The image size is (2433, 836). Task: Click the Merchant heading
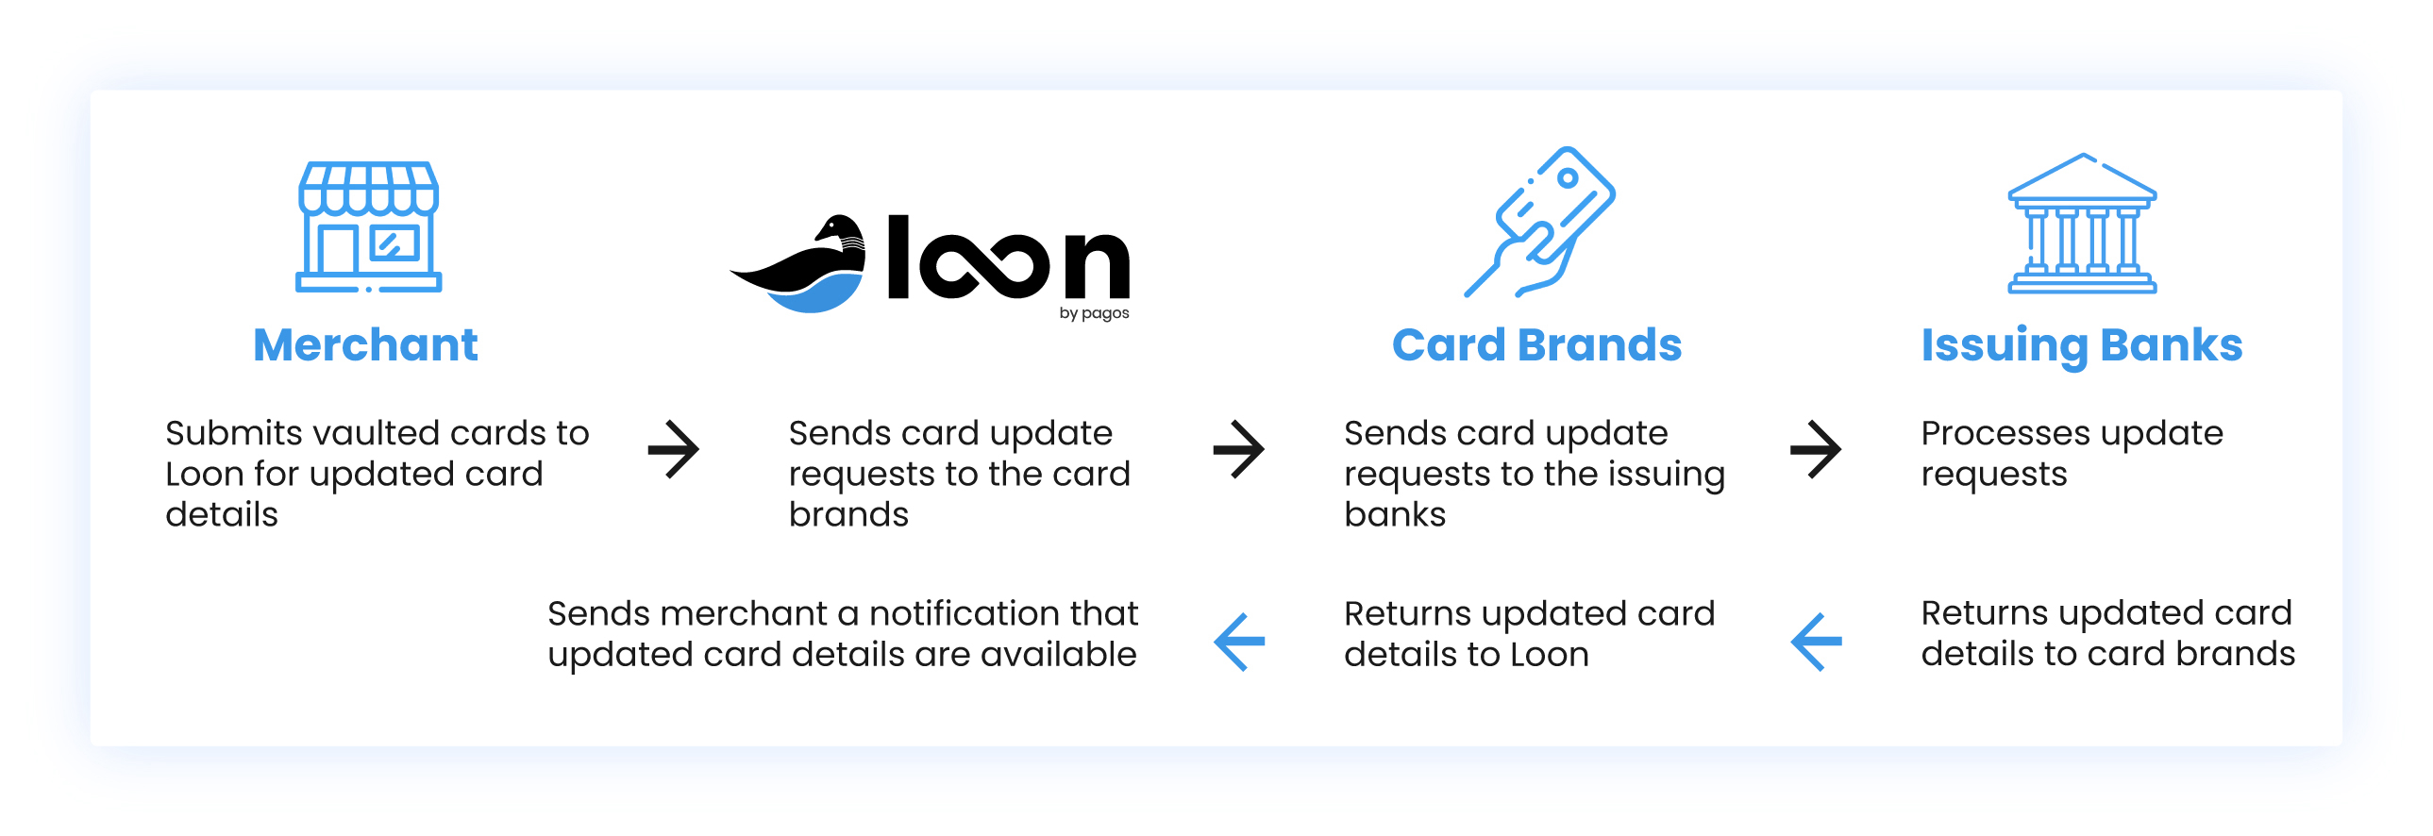point(365,344)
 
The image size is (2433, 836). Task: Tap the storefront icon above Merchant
point(368,226)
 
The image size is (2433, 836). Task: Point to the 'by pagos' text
point(1094,312)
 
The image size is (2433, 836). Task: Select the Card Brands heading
point(1536,344)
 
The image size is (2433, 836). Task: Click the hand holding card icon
point(1539,222)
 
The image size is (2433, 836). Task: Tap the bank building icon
point(2082,224)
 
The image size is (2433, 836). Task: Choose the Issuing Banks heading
point(2082,345)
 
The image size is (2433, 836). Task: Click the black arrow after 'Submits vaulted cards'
point(674,449)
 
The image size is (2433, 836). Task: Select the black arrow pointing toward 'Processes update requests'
point(1815,449)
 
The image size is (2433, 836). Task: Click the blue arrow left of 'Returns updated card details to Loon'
point(1239,642)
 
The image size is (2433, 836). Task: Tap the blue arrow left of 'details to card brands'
point(1816,642)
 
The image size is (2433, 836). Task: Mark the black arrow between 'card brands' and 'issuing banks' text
point(1239,449)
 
